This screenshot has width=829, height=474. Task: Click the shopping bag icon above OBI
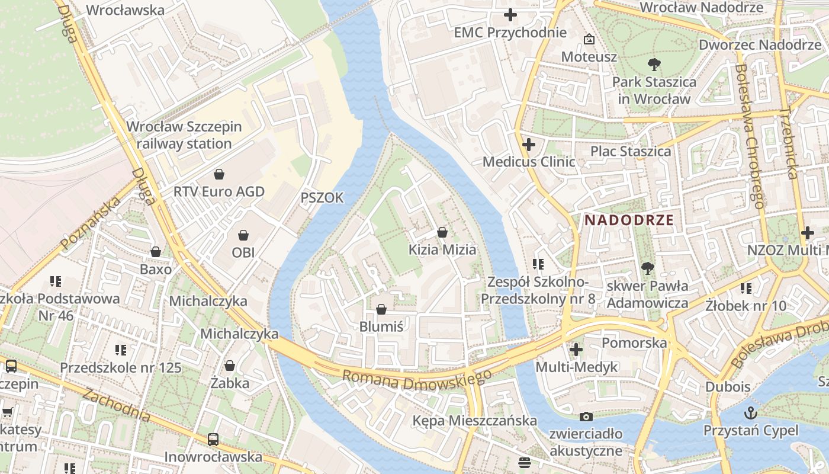243,235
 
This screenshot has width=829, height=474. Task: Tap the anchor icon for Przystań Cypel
751,413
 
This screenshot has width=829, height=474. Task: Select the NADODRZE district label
629,220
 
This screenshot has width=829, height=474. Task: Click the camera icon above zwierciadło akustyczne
586,417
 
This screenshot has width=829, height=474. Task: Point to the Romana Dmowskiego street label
417,380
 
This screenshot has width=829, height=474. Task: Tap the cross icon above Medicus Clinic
529,144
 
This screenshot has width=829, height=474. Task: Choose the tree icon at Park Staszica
654,65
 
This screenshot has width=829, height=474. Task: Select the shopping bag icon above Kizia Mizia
442,232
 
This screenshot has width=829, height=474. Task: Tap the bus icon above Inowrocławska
213,440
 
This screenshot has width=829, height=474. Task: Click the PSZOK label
322,198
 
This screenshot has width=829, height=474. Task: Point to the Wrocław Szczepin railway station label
184,135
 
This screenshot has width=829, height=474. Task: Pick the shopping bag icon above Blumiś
381,309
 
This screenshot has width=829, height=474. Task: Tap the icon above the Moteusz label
589,40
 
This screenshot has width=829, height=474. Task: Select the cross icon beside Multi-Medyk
576,350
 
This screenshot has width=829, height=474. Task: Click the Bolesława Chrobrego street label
748,136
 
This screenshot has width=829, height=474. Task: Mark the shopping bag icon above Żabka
230,366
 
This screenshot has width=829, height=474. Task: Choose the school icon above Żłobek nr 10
746,289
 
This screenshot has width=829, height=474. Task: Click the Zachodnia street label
116,405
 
